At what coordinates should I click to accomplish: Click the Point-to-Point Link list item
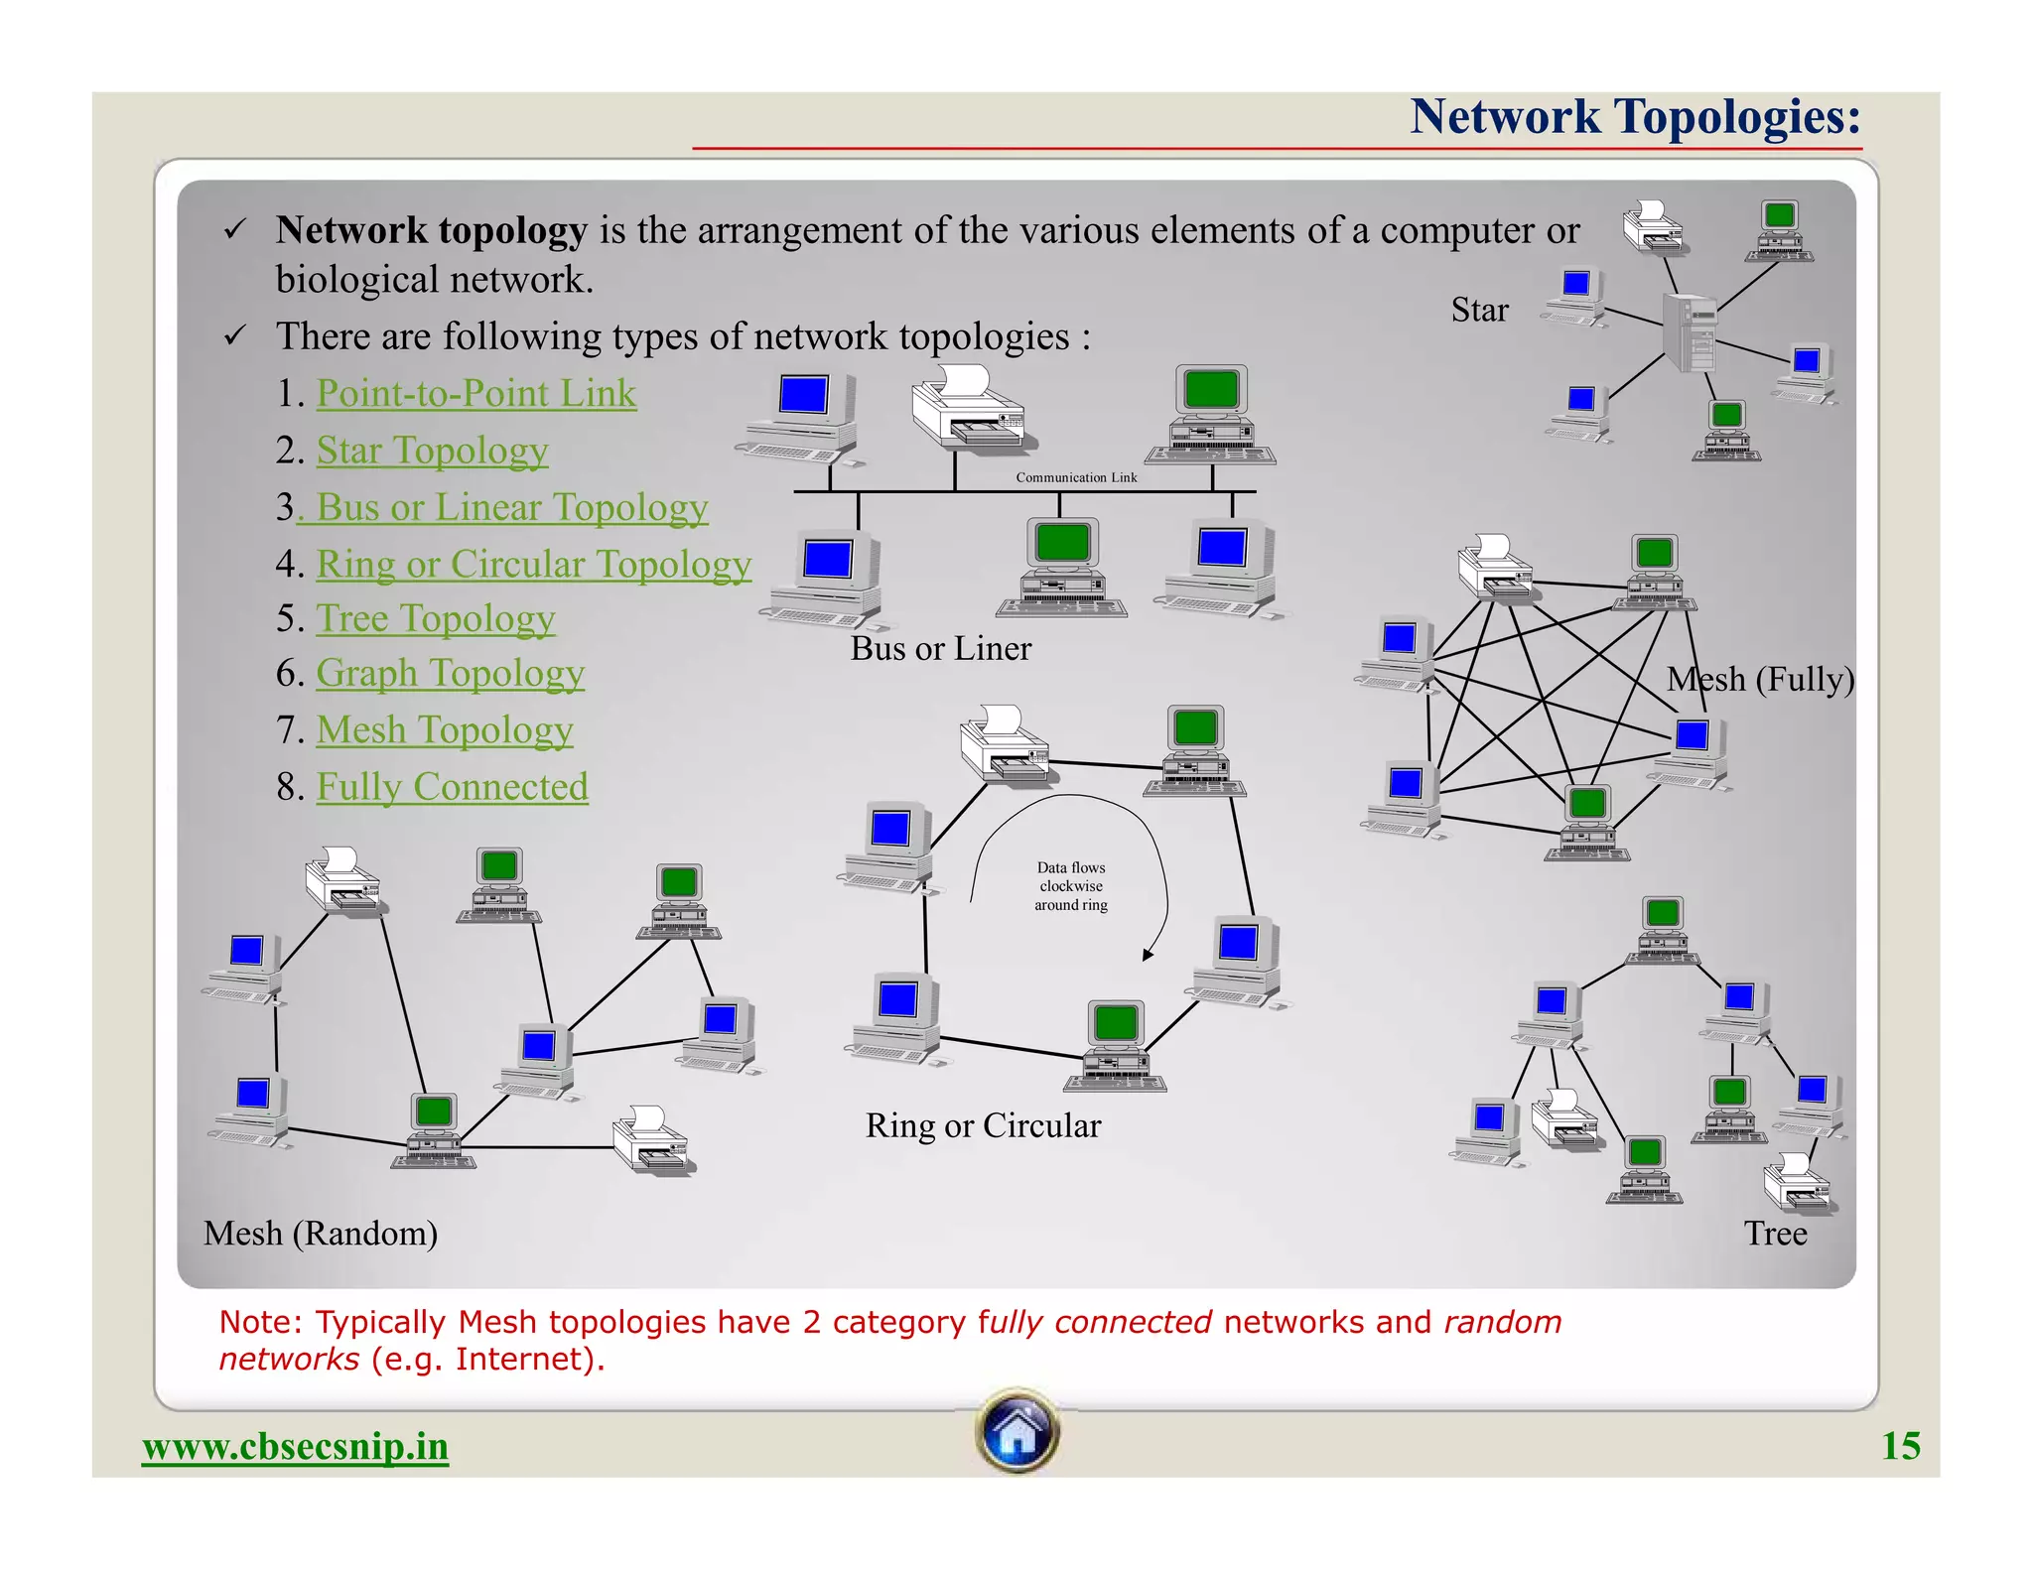click(x=475, y=394)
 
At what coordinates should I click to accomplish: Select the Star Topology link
click(x=432, y=451)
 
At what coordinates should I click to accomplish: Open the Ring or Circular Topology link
click(x=533, y=564)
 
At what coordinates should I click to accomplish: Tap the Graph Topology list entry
click(x=450, y=673)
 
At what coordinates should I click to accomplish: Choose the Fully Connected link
click(x=452, y=787)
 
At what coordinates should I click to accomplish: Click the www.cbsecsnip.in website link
click(x=295, y=1446)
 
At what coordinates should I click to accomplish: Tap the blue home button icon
click(x=1016, y=1430)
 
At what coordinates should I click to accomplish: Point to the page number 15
click(x=1900, y=1446)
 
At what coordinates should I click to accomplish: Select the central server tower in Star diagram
click(x=1691, y=333)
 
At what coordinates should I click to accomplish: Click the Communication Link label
click(x=1076, y=477)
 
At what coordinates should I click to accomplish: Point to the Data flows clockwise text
click(x=1070, y=885)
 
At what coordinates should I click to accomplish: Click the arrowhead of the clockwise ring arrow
click(x=1149, y=954)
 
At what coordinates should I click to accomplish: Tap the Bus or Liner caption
click(x=940, y=649)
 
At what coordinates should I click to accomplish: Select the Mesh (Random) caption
click(x=320, y=1234)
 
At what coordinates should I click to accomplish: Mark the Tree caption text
click(x=1775, y=1234)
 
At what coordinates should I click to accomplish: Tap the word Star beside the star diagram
click(x=1479, y=310)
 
